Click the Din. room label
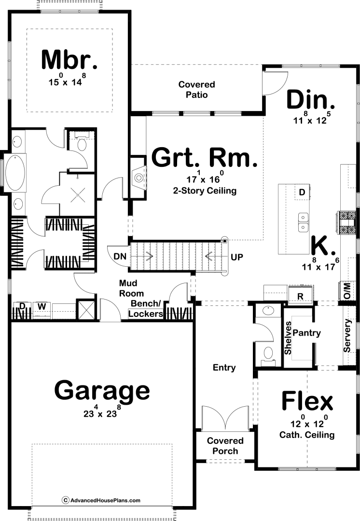310,99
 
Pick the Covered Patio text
197,90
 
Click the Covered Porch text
225,446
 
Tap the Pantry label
306,333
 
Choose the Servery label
347,336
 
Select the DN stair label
120,256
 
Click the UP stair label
237,257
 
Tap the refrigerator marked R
300,295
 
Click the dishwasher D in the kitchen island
302,192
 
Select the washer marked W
42,306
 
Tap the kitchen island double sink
303,222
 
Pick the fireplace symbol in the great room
138,178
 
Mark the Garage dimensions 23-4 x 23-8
102,412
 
